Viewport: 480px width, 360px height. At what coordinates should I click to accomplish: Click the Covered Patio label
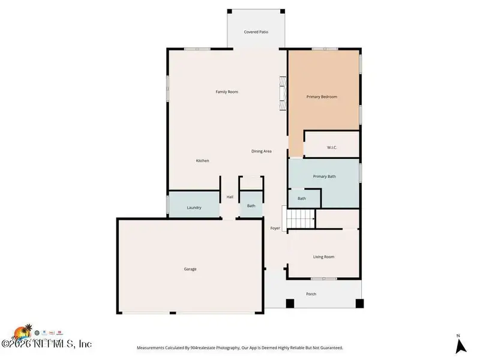256,32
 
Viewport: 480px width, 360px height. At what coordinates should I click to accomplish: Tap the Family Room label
227,92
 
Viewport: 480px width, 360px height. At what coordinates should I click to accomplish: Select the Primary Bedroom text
322,97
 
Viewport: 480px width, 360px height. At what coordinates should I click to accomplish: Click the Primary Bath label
324,176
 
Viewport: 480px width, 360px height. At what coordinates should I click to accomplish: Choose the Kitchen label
202,161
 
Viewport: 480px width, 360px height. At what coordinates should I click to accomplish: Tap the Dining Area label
261,151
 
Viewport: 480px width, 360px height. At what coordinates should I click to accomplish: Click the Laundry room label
194,208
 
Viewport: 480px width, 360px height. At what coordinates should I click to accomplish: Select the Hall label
230,197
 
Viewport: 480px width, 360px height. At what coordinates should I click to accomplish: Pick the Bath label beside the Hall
251,206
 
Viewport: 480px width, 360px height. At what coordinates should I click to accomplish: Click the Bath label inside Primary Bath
302,199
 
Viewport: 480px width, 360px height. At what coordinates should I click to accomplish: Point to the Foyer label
275,228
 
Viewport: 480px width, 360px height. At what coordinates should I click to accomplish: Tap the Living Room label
323,257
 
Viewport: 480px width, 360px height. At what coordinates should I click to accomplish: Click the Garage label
190,269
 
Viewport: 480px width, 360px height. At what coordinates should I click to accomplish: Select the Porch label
311,294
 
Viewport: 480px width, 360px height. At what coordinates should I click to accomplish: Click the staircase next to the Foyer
300,219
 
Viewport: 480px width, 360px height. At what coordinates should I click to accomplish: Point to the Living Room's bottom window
323,278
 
